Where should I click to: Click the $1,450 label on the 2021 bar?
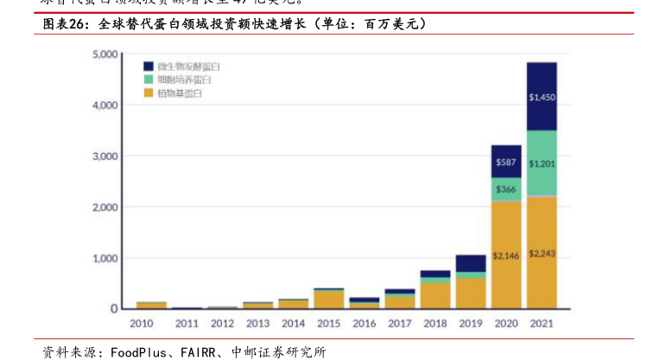click(542, 98)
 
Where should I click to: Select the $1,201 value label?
click(542, 163)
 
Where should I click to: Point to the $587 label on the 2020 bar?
click(506, 162)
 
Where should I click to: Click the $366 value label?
click(506, 189)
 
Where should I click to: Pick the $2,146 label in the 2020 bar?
click(506, 256)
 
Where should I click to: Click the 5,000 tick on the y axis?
click(104, 54)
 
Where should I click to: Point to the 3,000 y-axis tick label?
click(104, 156)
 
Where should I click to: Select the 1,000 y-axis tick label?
click(104, 258)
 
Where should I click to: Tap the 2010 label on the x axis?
click(141, 324)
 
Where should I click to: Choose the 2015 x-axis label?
click(328, 324)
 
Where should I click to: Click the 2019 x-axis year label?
click(471, 324)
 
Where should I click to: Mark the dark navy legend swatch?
click(149, 66)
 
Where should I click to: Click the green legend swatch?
click(149, 79)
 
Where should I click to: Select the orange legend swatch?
click(149, 92)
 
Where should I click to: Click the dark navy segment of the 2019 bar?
click(471, 263)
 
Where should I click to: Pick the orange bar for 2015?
click(328, 300)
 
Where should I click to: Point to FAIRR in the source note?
click(198, 351)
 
